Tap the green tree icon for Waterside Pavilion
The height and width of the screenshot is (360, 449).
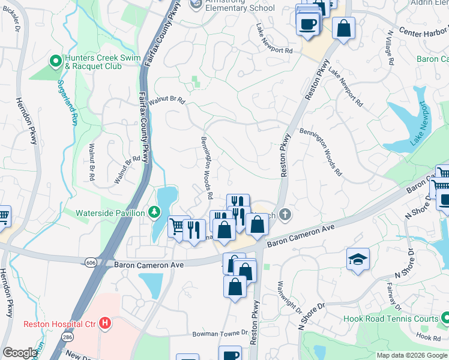pos(155,212)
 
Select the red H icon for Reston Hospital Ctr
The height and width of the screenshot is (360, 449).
pos(106,324)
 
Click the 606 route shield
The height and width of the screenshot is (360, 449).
pos(89,262)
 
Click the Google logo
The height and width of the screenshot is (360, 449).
pos(20,353)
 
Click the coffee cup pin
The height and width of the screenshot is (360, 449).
pos(308,25)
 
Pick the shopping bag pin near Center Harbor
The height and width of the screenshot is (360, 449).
pos(344,28)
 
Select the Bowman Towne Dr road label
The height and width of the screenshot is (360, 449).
pos(220,334)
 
